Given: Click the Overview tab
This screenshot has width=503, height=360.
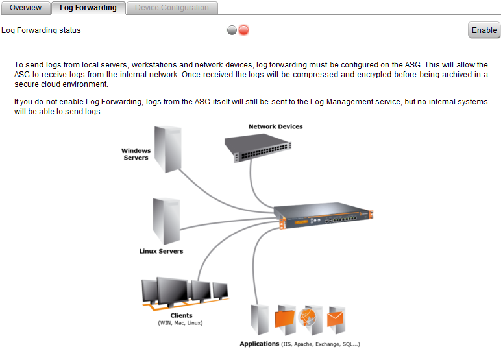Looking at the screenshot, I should [x=26, y=8].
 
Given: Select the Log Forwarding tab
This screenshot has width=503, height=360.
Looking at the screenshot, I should [x=88, y=8].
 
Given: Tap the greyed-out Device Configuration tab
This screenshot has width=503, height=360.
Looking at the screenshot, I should [x=172, y=8].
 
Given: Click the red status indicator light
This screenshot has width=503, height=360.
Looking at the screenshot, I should [x=244, y=30].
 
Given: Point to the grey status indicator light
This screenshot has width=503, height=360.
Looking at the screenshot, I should [x=232, y=30].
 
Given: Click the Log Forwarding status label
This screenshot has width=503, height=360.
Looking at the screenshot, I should [x=42, y=30].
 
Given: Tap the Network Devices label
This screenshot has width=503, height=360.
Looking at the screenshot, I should [x=275, y=126].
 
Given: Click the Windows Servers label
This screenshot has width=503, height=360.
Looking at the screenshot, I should [x=136, y=154].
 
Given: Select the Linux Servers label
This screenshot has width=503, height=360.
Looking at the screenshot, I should [x=161, y=251].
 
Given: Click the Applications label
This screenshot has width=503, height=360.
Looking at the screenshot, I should [x=260, y=344].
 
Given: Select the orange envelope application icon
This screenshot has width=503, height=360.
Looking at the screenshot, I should [x=336, y=318].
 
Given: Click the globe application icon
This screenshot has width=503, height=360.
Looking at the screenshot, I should [x=310, y=318].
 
